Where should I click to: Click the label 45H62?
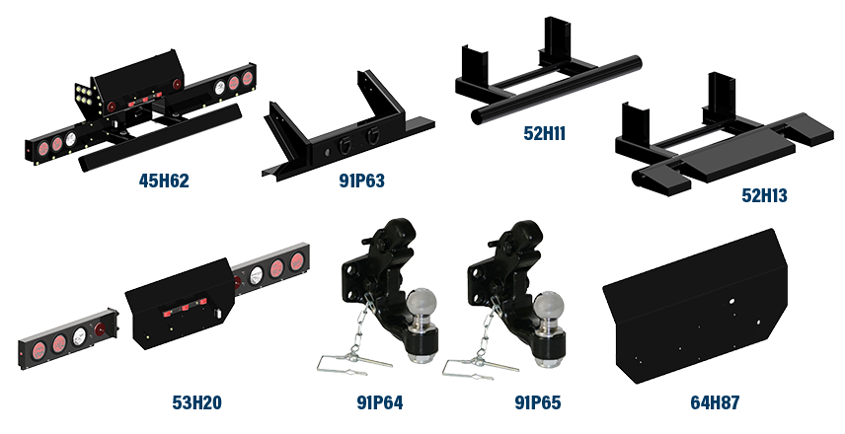164,181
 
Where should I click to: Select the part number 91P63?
360,181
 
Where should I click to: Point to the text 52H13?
764,196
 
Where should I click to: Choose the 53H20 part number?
196,402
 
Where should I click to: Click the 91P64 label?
380,402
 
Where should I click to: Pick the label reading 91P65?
537,402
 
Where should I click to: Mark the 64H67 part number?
715,402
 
